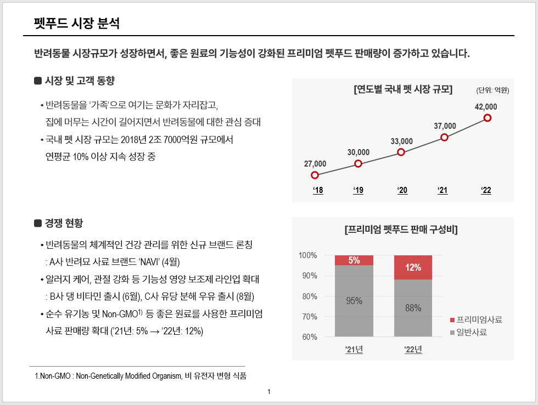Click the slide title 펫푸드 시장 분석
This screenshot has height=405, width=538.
(x=76, y=24)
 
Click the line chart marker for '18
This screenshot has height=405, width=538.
(x=315, y=175)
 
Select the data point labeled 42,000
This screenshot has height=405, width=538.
(x=487, y=118)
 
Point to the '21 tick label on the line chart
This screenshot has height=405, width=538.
(x=442, y=191)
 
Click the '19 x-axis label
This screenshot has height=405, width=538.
(x=358, y=191)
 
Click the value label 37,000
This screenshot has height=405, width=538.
(x=445, y=126)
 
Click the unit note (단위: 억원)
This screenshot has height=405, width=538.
(x=492, y=90)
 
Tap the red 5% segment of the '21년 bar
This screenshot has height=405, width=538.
(x=354, y=260)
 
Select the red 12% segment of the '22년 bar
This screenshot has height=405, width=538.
(x=413, y=267)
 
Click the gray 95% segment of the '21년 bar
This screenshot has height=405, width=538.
(x=354, y=300)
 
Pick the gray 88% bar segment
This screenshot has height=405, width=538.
(x=413, y=308)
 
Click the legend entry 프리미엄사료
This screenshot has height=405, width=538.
(x=479, y=320)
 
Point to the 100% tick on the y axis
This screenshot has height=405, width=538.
(x=308, y=255)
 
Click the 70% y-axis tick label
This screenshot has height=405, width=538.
(x=310, y=317)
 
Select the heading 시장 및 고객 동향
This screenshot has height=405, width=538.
(x=80, y=81)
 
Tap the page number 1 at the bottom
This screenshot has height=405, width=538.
(x=269, y=392)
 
